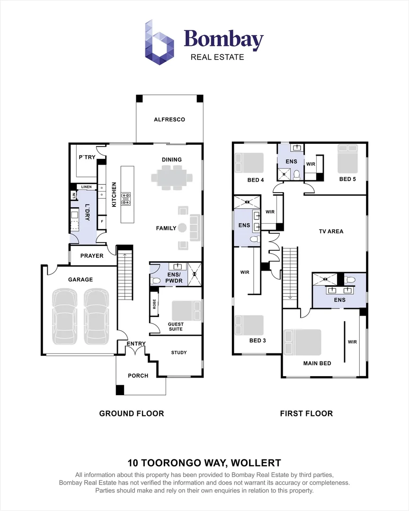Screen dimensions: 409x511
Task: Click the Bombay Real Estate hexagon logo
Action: tap(159, 42)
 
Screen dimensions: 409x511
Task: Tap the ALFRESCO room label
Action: tap(169, 120)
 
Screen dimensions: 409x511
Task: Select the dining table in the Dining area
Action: tap(171, 178)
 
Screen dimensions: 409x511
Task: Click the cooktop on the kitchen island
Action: tap(126, 199)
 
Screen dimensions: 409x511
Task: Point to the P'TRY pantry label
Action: tap(87, 157)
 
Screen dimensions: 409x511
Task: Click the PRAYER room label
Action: tap(92, 256)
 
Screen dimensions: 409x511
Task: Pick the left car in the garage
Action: tap(64, 316)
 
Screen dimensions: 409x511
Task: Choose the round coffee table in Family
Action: tap(182, 228)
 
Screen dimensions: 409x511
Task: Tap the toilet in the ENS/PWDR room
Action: tap(155, 280)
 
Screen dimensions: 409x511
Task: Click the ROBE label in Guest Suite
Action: tap(154, 304)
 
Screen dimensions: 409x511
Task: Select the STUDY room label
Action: tap(179, 352)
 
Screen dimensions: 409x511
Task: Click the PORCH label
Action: tap(138, 376)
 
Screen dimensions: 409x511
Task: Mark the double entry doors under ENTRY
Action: tap(136, 350)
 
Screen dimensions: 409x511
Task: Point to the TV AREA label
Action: tap(331, 231)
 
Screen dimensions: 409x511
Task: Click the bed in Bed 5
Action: tap(347, 159)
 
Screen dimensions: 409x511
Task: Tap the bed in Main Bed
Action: tap(302, 342)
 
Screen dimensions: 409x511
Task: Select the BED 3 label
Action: tap(258, 341)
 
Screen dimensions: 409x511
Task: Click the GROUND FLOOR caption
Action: tap(132, 414)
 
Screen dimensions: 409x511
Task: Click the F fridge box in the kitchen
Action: tap(102, 221)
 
